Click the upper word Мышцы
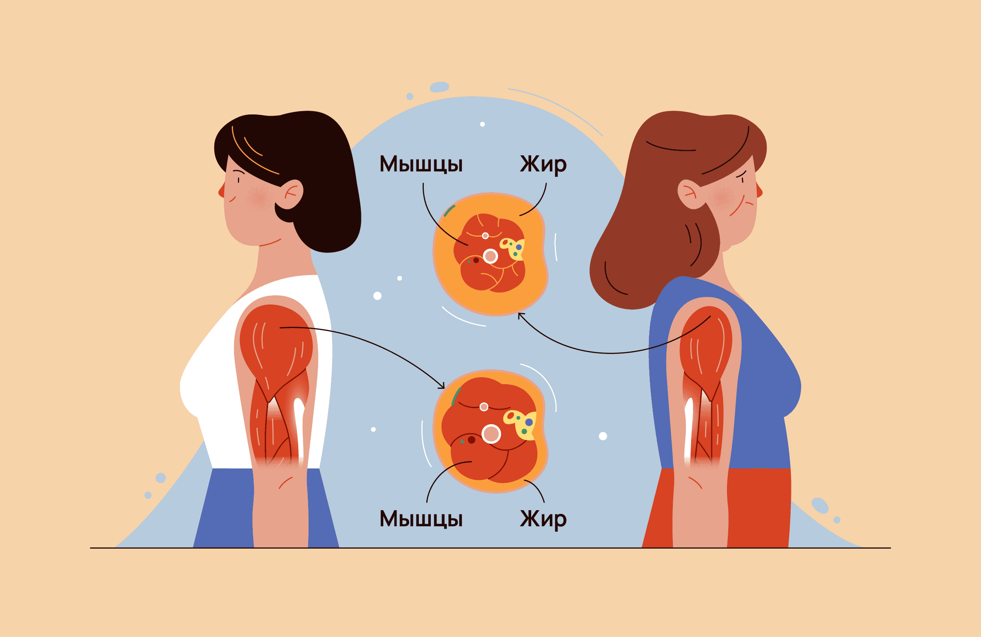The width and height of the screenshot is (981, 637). [421, 164]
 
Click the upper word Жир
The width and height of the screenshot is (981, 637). [543, 164]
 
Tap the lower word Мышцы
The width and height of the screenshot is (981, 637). [421, 519]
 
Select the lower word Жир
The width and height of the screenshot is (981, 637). [543, 519]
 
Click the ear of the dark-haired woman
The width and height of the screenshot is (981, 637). [290, 194]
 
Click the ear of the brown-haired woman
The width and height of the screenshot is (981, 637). [690, 194]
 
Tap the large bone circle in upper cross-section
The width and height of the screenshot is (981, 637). [490, 256]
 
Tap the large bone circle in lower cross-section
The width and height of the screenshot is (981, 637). [491, 434]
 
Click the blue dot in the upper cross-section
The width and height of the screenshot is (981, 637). [519, 247]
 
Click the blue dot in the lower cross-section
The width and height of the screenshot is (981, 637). [529, 422]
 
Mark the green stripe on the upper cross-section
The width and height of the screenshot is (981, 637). [449, 211]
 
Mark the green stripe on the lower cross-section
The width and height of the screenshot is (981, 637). [456, 397]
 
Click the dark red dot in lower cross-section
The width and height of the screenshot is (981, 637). [471, 440]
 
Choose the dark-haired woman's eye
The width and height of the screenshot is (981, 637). [238, 180]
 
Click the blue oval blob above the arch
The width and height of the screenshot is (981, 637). [439, 87]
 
